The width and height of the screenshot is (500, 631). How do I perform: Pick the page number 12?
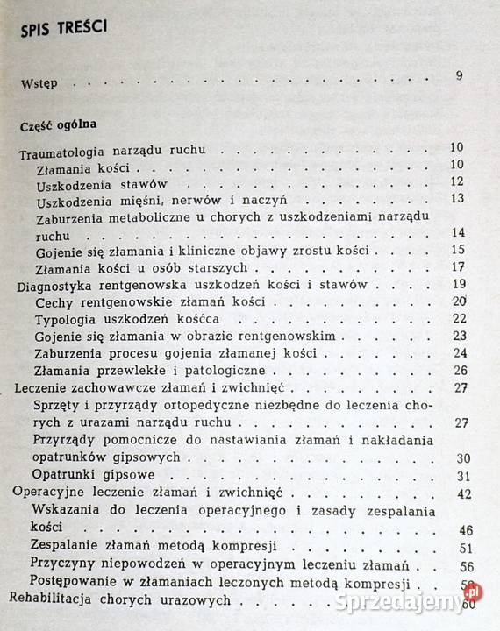tap(455, 181)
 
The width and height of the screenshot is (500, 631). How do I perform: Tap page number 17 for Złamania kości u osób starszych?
tap(456, 266)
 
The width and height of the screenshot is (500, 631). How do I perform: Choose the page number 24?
tap(456, 353)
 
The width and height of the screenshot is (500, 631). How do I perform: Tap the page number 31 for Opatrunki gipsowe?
tap(464, 476)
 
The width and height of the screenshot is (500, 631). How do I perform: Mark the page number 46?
tap(466, 531)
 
